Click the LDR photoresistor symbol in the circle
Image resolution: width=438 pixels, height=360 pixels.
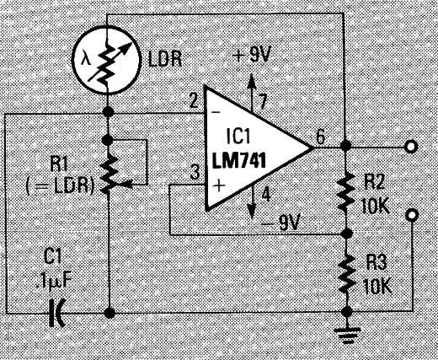pyautogui.click(x=106, y=60)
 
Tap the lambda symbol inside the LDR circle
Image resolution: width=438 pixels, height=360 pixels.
pyautogui.click(x=85, y=60)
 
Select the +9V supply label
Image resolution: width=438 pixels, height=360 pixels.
pyautogui.click(x=251, y=56)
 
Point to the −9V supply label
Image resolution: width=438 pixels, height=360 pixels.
pyautogui.click(x=280, y=223)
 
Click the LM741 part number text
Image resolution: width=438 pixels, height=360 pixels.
pyautogui.click(x=239, y=161)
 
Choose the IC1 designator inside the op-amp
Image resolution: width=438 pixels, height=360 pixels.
pyautogui.click(x=238, y=137)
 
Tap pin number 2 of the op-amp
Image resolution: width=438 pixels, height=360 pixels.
pyautogui.click(x=194, y=101)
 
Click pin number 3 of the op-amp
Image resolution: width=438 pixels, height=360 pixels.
pyautogui.click(x=195, y=173)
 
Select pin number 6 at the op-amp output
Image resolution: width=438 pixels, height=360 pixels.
pyautogui.click(x=320, y=137)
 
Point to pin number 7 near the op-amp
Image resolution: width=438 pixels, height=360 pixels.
pyautogui.click(x=263, y=102)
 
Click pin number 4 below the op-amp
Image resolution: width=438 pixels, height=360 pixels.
pyautogui.click(x=265, y=195)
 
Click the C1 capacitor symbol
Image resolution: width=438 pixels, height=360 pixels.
pyautogui.click(x=56, y=313)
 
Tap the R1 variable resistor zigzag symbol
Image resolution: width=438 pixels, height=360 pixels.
pyautogui.click(x=109, y=175)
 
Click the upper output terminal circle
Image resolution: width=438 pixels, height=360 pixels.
pyautogui.click(x=411, y=147)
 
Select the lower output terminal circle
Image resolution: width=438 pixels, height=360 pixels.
pyautogui.click(x=412, y=215)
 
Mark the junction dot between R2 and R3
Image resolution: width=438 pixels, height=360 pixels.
pyautogui.click(x=347, y=234)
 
